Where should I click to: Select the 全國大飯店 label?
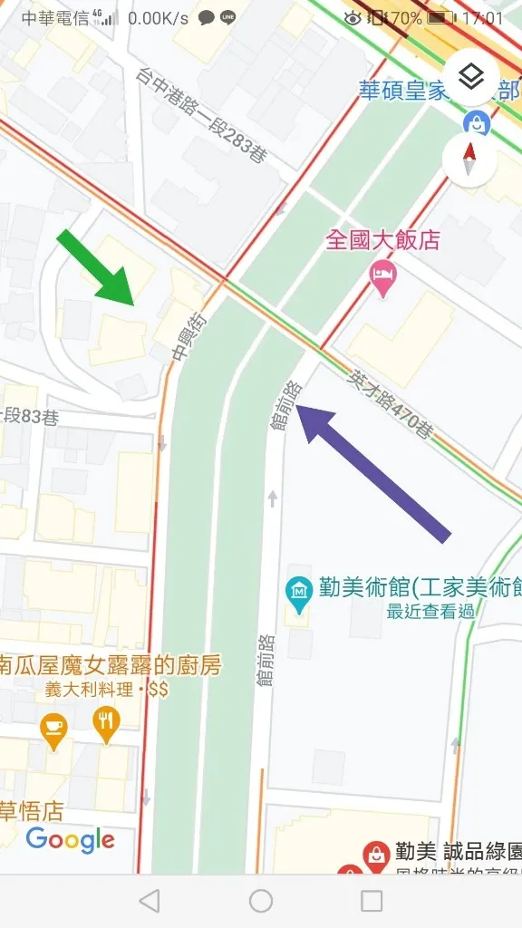pyautogui.click(x=383, y=240)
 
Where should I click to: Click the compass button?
pyautogui.click(x=470, y=160)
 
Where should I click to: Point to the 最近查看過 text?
pyautogui.click(x=430, y=612)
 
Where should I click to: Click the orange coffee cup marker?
pyautogui.click(x=54, y=730)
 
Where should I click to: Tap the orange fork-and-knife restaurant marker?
pyautogui.click(x=106, y=724)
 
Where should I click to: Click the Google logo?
pyautogui.click(x=71, y=840)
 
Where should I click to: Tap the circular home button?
pyautogui.click(x=261, y=900)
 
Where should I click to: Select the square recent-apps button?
pyautogui.click(x=372, y=900)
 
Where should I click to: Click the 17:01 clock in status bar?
pyautogui.click(x=482, y=18)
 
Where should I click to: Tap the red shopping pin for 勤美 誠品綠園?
pyautogui.click(x=374, y=855)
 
